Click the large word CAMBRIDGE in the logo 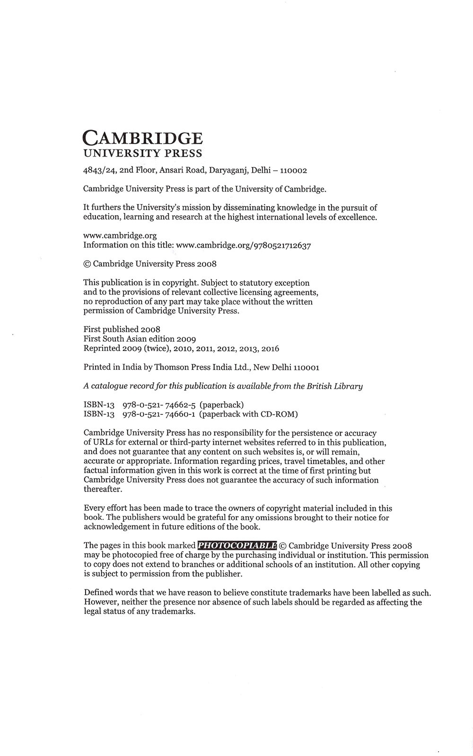(x=142, y=138)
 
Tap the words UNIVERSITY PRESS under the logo (x=142, y=153)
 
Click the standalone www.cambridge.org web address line (x=120, y=236)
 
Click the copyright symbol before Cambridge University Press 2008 (x=87, y=264)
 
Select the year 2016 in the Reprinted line (x=269, y=349)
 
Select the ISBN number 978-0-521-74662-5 (x=159, y=404)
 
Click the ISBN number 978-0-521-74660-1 (x=159, y=414)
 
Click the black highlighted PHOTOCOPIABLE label (x=237, y=545)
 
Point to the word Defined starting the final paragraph (x=98, y=592)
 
